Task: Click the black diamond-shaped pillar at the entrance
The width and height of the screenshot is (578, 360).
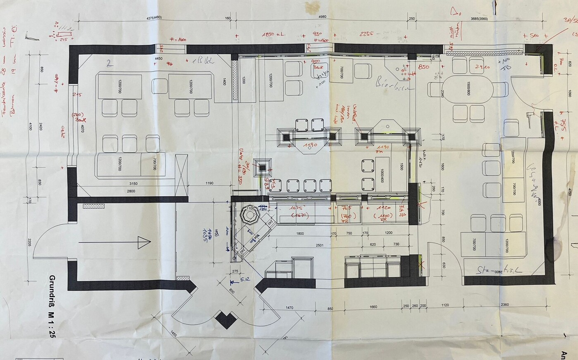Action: (226, 319)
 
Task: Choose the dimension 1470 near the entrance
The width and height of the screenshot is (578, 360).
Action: (289, 308)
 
